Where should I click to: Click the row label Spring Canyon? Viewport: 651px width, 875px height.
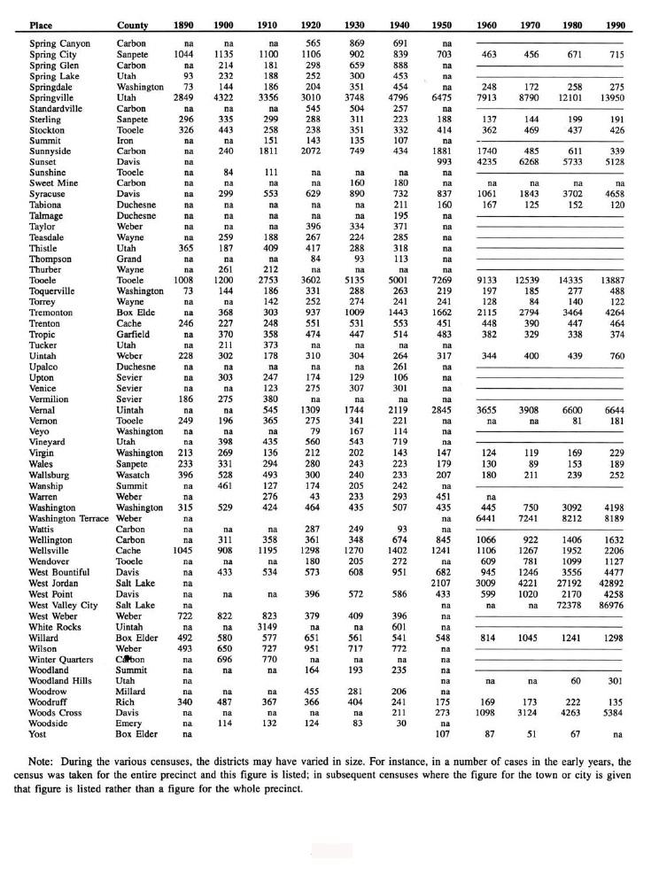58,43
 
